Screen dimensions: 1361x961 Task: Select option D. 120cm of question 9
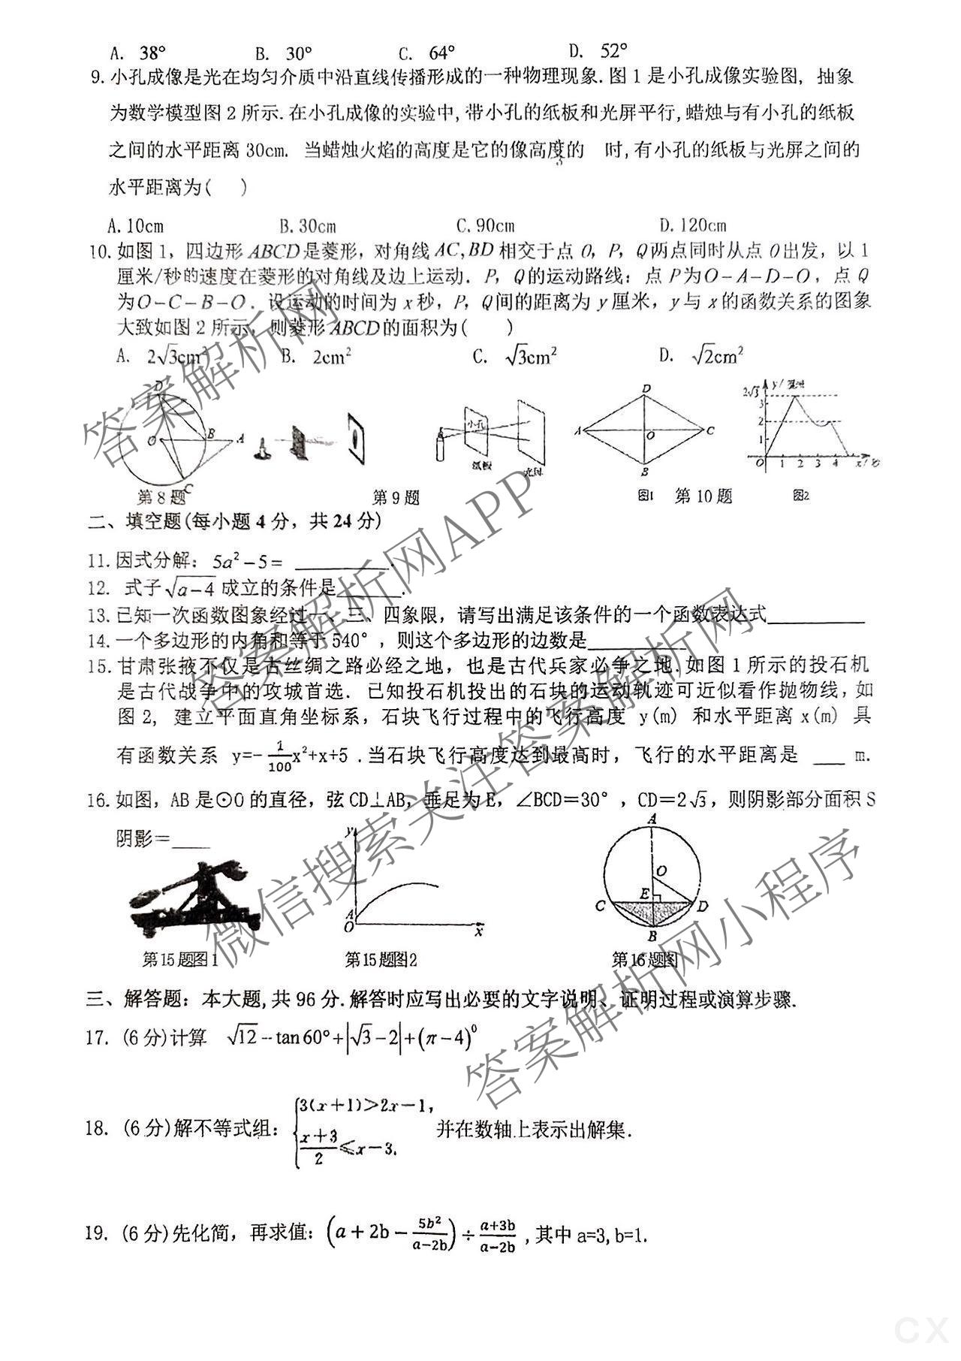(692, 225)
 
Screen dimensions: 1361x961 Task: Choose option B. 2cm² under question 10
(316, 357)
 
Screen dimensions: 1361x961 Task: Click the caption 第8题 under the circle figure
(161, 496)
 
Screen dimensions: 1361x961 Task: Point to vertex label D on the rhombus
(646, 388)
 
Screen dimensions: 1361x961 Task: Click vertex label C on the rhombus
(710, 431)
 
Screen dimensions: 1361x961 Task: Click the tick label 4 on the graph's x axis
(835, 463)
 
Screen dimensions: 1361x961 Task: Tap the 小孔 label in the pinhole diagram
(475, 424)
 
